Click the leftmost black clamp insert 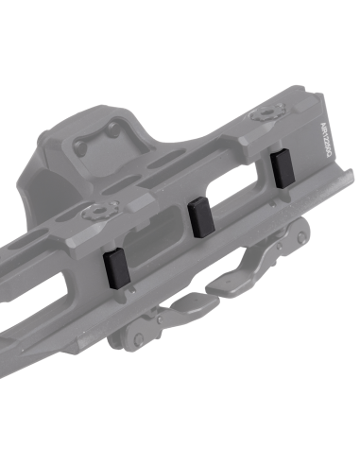pos(112,267)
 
